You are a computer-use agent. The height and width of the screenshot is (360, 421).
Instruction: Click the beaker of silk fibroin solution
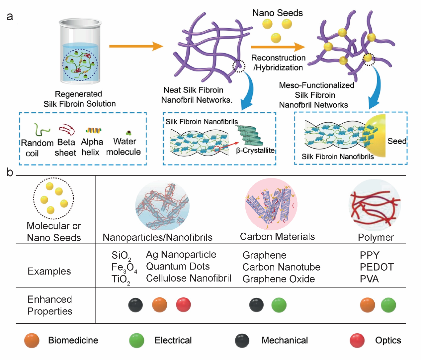pos(80,52)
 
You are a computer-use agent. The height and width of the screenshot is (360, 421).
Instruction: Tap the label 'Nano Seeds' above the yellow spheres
pos(278,13)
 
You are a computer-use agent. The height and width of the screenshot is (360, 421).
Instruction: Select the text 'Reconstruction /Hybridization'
pos(278,62)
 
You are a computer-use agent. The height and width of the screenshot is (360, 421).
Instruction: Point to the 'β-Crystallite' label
pos(255,150)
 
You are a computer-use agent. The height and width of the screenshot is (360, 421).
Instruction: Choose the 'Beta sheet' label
pos(66,147)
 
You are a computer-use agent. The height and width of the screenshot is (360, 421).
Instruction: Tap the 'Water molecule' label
pos(124,147)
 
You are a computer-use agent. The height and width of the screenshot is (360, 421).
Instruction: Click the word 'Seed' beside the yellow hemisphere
pos(397,141)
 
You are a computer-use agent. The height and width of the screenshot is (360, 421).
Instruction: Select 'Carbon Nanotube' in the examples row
pos(281,267)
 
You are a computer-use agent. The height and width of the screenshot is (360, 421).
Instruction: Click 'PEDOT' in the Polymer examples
pos(377,267)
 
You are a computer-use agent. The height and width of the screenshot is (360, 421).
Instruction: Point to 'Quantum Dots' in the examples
pos(178,266)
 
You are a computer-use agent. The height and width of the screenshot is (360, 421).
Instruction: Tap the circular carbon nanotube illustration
pos(271,204)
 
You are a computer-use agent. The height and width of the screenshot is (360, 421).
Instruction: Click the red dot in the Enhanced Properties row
pos(183,305)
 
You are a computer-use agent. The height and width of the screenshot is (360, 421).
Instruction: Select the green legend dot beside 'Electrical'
pos(136,340)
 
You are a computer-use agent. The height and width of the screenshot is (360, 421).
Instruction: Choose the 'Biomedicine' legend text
pos(73,340)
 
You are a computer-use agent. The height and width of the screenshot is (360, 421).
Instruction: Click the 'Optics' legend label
pos(388,340)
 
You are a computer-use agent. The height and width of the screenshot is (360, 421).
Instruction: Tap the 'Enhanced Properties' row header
pos(50,305)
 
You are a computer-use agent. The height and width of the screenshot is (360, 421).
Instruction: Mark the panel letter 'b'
pos(10,172)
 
